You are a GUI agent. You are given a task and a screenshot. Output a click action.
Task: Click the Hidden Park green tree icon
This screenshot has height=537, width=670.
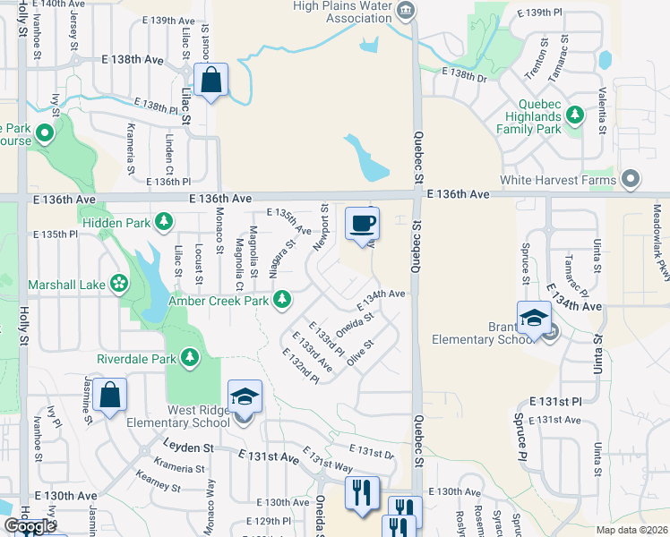click(163, 221)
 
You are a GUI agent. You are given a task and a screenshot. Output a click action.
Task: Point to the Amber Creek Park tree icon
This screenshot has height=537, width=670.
click(282, 299)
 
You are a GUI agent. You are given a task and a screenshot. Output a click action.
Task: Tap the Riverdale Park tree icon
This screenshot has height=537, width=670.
click(189, 358)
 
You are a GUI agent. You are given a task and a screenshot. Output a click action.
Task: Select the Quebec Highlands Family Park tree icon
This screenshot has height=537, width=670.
click(574, 115)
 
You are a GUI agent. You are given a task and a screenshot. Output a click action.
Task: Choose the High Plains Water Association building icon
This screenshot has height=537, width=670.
click(406, 11)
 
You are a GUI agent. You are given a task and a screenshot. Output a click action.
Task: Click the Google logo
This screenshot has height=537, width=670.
click(29, 525)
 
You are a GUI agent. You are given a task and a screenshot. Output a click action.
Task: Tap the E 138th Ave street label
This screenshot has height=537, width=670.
click(140, 59)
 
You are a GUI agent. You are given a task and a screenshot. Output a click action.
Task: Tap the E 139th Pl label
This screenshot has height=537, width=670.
click(550, 12)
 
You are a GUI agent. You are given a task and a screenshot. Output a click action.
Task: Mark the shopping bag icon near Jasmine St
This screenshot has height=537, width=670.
click(109, 396)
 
